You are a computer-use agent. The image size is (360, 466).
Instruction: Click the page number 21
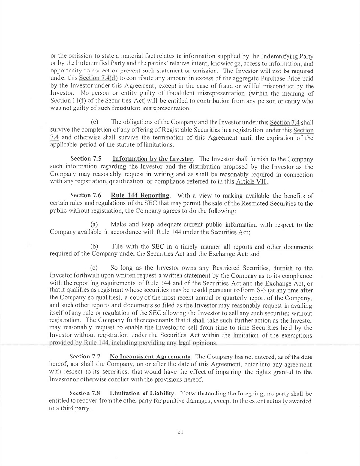pyautogui.click(x=180, y=431)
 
